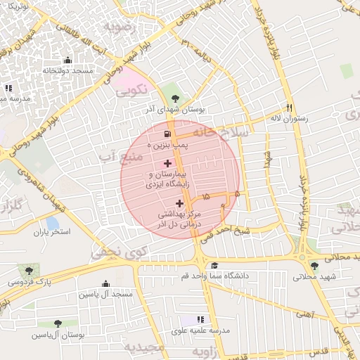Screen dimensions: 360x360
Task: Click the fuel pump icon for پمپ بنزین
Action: (x=166, y=134)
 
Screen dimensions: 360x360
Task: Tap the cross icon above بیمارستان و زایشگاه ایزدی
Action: (x=166, y=163)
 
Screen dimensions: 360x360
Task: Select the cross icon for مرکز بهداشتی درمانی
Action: (x=179, y=203)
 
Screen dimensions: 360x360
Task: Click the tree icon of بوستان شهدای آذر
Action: (x=174, y=98)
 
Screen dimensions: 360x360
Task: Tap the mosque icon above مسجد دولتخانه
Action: (x=67, y=60)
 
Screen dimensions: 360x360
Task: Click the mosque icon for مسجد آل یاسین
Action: (x=105, y=284)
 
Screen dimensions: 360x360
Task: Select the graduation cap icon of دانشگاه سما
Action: (x=214, y=265)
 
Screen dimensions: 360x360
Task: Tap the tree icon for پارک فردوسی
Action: (x=29, y=271)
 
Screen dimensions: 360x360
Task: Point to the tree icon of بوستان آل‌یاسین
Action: (x=57, y=324)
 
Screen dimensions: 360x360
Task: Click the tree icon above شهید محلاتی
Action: (x=314, y=266)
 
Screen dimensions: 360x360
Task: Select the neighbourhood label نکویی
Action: (x=131, y=90)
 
